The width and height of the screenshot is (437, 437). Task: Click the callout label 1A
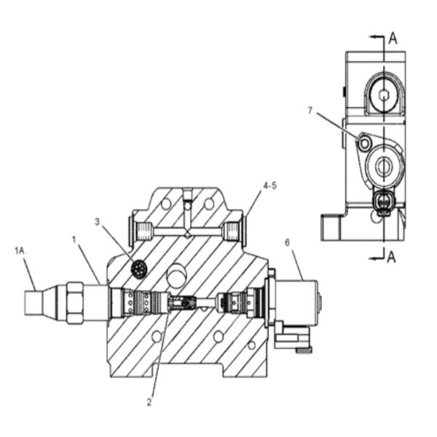20,251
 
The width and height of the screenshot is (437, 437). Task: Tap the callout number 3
97,222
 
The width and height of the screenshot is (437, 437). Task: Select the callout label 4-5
269,186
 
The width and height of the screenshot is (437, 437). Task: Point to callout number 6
288,243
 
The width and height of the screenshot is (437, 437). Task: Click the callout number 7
310,111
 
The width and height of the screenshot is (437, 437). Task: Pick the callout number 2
149,402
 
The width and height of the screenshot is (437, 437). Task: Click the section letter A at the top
393,38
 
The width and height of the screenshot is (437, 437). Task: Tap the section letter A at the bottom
392,257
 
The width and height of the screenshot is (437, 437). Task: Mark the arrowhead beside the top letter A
373,37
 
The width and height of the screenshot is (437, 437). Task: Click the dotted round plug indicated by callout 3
139,269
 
